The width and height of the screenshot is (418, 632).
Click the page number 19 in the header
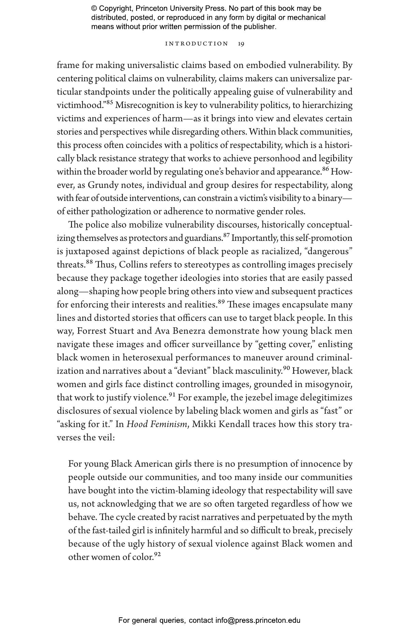click(241, 44)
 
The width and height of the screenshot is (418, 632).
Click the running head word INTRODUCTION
click(197, 44)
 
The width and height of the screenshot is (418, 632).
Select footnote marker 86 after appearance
click(326, 169)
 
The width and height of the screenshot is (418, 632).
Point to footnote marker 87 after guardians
click(227, 235)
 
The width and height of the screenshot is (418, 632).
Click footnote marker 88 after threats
click(89, 262)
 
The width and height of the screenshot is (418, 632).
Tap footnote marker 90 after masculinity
click(286, 368)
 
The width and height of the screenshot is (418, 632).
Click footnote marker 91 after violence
click(172, 395)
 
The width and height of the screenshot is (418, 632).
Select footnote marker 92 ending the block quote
click(157, 554)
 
